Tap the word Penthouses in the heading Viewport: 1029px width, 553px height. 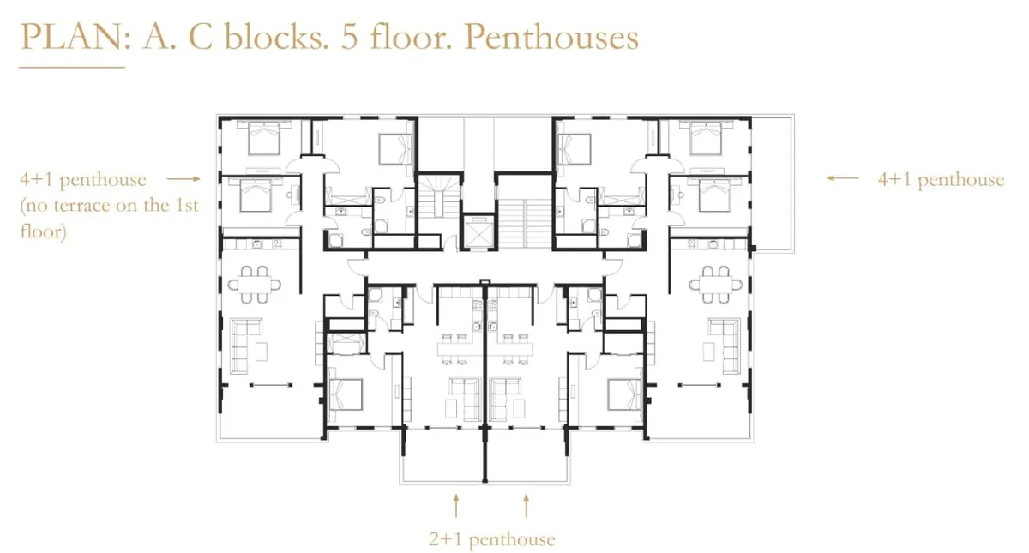[551, 37]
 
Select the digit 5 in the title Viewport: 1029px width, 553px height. [349, 37]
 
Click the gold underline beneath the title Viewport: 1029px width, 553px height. [72, 68]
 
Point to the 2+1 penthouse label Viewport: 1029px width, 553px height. [492, 538]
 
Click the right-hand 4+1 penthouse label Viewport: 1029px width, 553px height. [941, 179]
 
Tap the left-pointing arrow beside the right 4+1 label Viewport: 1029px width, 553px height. [842, 178]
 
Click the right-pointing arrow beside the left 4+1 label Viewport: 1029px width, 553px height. [184, 178]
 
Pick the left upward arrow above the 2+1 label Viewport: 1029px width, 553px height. [455, 506]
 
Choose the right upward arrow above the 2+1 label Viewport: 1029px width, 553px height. [526, 506]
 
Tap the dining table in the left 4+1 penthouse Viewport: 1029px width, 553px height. [254, 285]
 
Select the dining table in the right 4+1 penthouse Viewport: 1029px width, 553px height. [716, 285]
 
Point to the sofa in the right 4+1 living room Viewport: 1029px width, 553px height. [725, 346]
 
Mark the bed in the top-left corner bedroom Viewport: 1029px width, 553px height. [264, 137]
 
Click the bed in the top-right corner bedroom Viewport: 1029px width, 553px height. [706, 137]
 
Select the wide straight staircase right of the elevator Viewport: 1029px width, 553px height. [526, 223]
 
